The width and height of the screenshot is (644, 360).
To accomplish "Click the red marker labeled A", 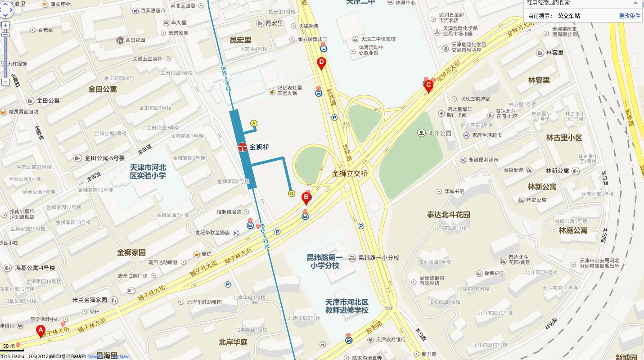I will [41, 331].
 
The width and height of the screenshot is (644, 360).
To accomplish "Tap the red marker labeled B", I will [306, 198].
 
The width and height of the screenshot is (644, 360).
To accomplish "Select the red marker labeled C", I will [428, 85].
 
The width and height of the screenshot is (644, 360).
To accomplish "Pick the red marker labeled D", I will [321, 63].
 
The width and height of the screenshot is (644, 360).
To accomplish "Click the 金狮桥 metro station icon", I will [243, 147].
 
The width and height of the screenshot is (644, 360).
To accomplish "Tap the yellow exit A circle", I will [253, 123].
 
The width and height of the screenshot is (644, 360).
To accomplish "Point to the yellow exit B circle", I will [292, 193].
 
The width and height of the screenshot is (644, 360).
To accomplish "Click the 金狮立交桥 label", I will [350, 174].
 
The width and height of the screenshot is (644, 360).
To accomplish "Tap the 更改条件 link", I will [630, 16].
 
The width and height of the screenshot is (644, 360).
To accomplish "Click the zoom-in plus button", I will [5, 25].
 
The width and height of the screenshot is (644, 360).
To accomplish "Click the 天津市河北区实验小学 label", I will [148, 171].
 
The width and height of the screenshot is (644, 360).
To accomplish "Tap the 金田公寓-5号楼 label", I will [104, 158].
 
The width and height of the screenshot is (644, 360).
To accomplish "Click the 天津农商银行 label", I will [391, 340].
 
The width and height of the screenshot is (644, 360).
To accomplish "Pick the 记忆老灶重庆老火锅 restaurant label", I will [289, 90].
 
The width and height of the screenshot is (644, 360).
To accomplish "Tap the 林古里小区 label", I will [564, 138].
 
